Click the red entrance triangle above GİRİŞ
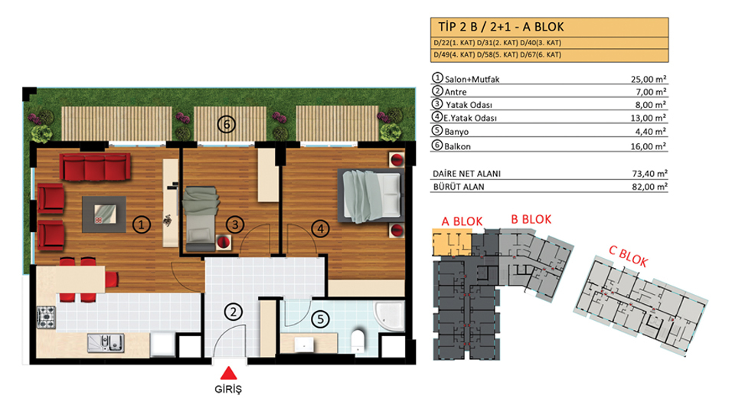(228, 373)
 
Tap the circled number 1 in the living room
(142, 224)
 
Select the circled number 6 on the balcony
(227, 124)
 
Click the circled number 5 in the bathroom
(320, 319)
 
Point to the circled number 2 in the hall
(234, 312)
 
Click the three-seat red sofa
(95, 167)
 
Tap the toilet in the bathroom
(358, 341)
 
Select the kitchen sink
(106, 343)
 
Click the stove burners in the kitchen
(46, 317)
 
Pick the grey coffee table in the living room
(103, 214)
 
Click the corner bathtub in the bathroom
(389, 316)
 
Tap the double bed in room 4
(371, 196)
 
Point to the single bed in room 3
(201, 219)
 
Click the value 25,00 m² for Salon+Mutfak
(649, 80)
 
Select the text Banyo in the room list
(456, 132)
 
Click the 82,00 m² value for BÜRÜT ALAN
(649, 187)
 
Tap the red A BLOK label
(462, 221)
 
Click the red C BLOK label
(628, 257)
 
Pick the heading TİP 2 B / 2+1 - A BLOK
(501, 27)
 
